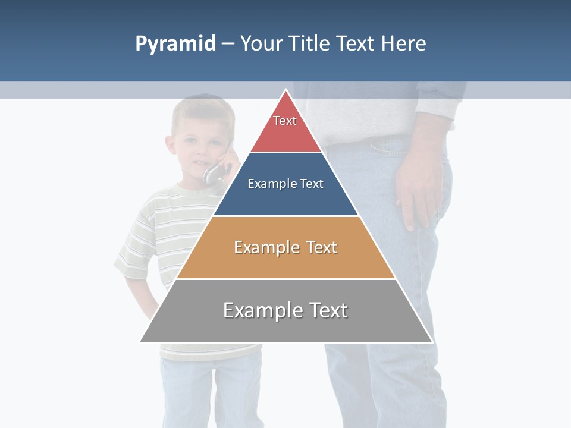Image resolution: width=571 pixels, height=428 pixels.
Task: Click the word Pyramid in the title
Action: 175,44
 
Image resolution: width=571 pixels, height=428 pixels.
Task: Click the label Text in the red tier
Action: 285,121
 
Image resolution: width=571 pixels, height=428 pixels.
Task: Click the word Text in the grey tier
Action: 326,310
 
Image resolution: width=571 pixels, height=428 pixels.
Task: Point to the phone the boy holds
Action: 215,172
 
